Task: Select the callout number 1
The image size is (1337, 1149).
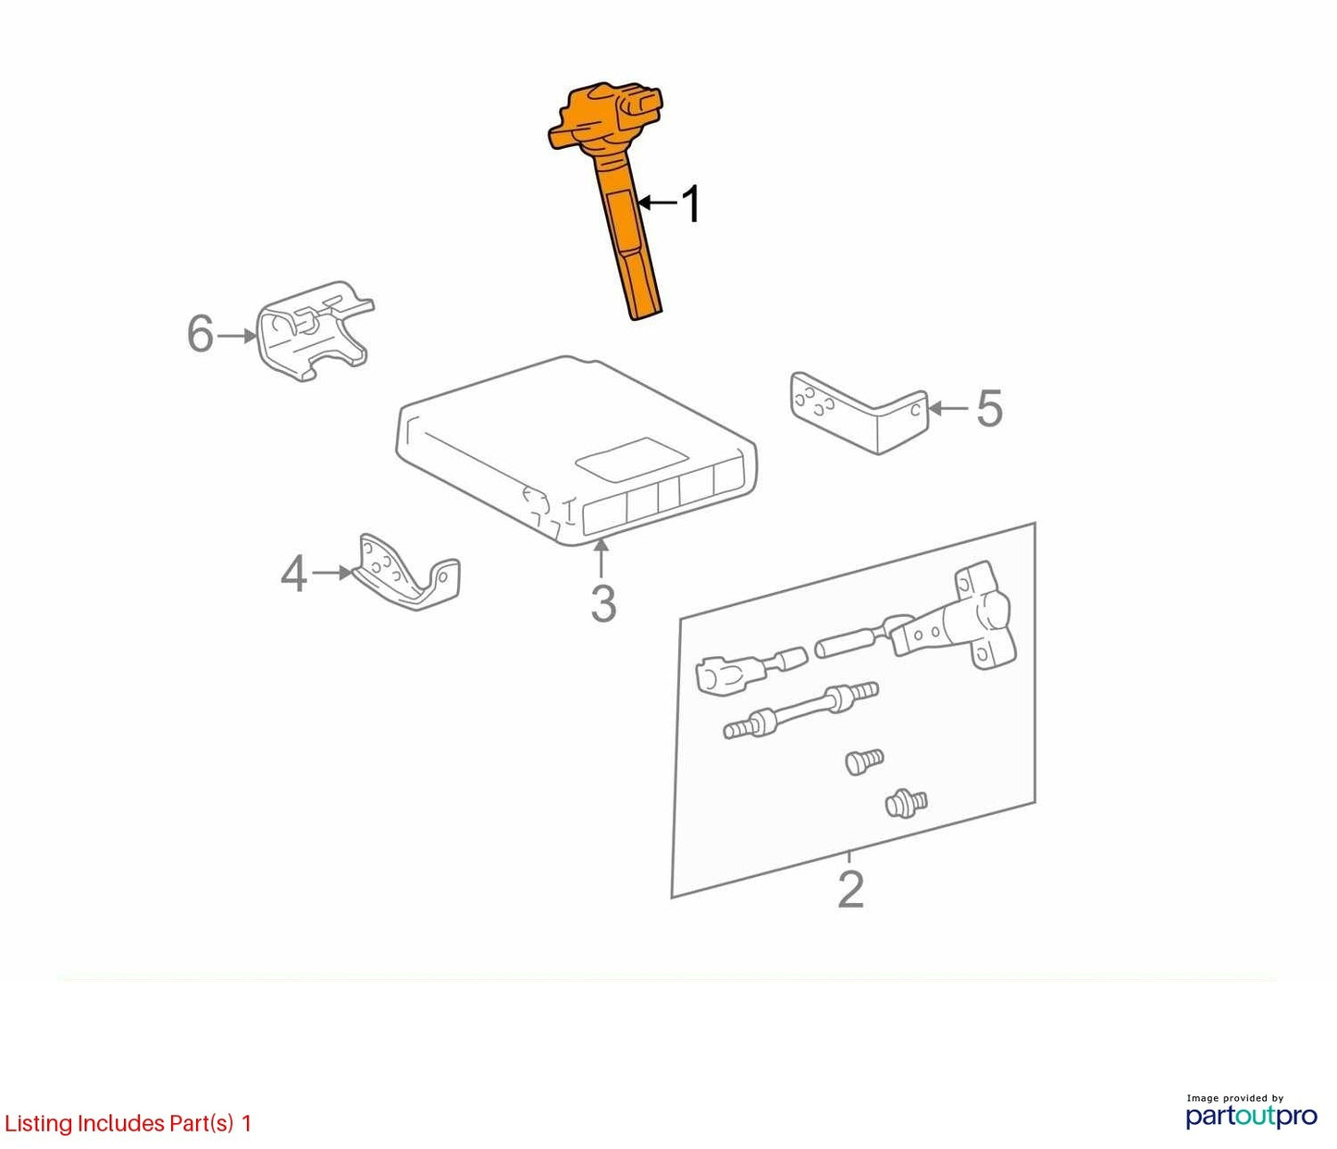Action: tap(691, 204)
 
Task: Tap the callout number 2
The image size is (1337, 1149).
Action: tap(850, 890)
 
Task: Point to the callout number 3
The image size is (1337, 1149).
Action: tap(603, 603)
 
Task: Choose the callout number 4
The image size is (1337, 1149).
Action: tap(293, 574)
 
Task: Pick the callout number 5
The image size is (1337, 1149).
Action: tap(989, 408)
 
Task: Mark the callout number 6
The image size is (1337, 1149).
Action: tap(200, 334)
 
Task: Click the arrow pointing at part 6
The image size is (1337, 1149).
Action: tap(238, 336)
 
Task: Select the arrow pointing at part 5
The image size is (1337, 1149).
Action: tap(949, 408)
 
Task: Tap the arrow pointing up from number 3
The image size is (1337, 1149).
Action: tap(601, 558)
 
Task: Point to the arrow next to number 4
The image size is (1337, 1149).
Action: tap(332, 573)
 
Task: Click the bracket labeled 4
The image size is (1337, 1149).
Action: tap(406, 573)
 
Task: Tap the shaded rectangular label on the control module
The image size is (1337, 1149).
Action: tap(631, 459)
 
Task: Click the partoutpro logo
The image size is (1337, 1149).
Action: tap(1251, 1116)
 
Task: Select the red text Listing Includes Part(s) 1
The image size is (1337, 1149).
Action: tap(128, 1123)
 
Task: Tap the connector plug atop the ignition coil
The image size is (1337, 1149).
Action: tap(640, 106)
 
